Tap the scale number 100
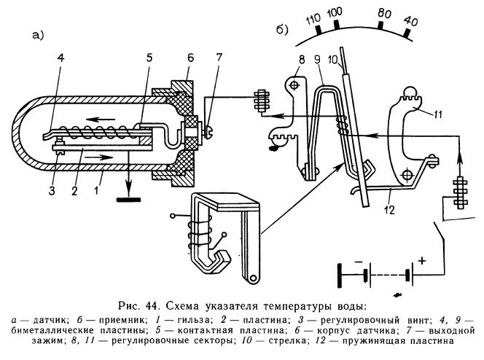(335, 15)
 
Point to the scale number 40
(410, 22)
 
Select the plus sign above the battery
(420, 259)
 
